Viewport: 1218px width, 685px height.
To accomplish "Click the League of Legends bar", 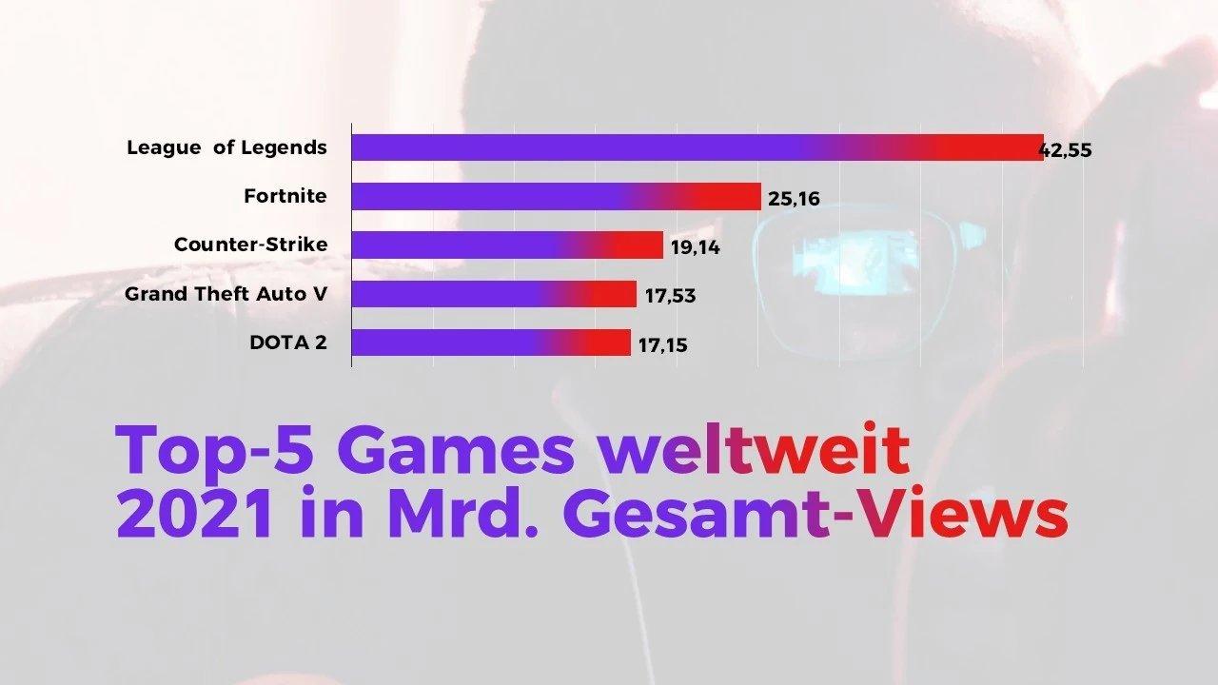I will [x=697, y=147].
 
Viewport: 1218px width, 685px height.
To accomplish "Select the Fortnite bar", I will [x=556, y=197].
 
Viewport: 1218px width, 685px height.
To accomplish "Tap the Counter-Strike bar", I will [x=507, y=245].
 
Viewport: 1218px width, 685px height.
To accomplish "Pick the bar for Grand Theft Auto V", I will [x=494, y=294].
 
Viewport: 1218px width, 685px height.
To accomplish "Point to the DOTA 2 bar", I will [x=491, y=342].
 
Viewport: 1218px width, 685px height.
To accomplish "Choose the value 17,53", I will [x=670, y=297].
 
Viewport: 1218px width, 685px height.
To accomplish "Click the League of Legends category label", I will [x=226, y=147].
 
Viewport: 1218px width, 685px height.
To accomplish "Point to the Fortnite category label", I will [x=285, y=196].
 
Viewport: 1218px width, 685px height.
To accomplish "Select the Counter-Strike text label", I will [x=250, y=245].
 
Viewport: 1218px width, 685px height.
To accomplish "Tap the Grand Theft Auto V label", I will [x=226, y=293].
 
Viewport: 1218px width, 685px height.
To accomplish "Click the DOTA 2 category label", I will [x=287, y=342].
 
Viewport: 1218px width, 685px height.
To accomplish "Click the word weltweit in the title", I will [x=753, y=451].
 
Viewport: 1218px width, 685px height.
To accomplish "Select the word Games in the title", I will [x=455, y=451].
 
